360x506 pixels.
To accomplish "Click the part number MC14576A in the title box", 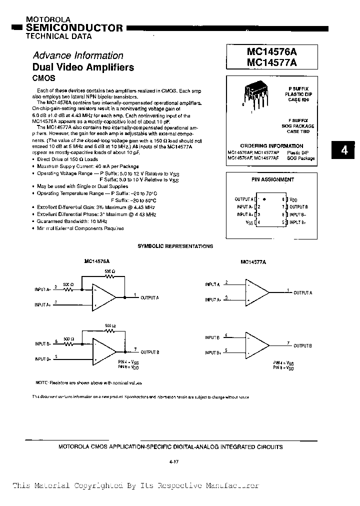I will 271,52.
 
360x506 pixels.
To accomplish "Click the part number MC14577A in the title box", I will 271,63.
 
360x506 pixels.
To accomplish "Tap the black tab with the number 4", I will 344,150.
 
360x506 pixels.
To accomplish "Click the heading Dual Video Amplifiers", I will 83,67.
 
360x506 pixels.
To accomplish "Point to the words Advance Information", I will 77,55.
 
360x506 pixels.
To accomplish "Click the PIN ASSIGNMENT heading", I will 272,179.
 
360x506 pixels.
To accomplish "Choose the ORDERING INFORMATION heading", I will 271,146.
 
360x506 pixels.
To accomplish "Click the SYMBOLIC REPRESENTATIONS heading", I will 175,246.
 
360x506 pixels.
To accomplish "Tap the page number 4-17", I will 174,461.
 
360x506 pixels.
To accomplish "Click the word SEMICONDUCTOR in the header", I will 74,28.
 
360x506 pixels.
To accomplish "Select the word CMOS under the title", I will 43,78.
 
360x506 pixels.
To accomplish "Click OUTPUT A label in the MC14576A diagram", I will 149,297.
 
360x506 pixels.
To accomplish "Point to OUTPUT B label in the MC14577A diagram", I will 302,346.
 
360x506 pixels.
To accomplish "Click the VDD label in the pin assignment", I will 293,199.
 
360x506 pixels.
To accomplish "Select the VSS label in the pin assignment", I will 249,222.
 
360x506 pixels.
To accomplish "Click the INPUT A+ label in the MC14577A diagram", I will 212,299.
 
